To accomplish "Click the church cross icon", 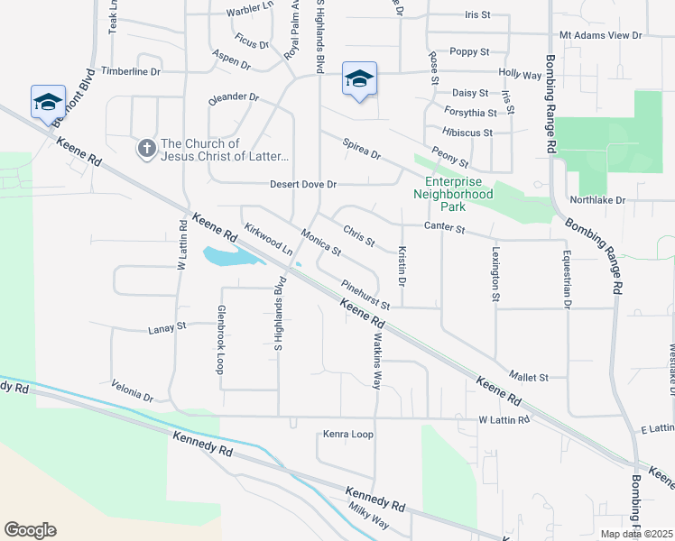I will (147, 148).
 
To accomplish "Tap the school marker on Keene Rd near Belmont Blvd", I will (48, 102).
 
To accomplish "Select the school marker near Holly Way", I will (358, 80).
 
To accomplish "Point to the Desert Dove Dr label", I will (303, 184).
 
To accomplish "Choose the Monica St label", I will (320, 241).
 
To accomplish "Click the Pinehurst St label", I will (365, 295).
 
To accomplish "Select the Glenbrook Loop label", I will (219, 339).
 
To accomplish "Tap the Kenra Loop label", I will (348, 434).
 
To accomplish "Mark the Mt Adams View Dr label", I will (600, 35).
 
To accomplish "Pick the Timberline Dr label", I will (130, 70).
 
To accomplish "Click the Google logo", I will (30, 529).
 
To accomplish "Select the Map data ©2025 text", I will (635, 534).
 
